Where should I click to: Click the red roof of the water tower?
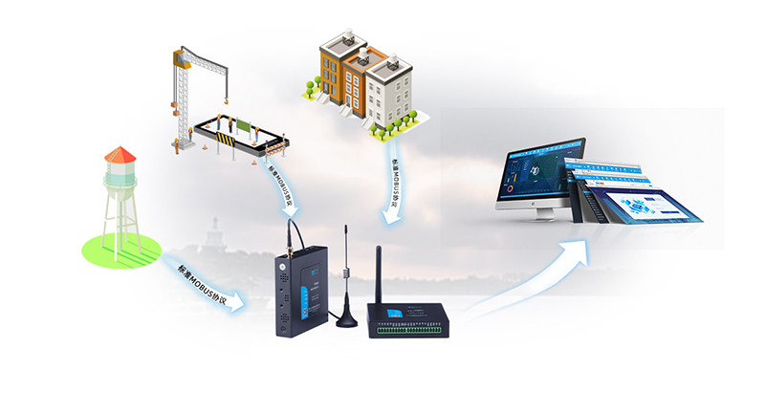pos(120,154)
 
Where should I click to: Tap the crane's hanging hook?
pos(229,99)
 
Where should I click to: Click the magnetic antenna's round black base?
pos(343,317)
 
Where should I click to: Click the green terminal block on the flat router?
pos(411,327)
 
